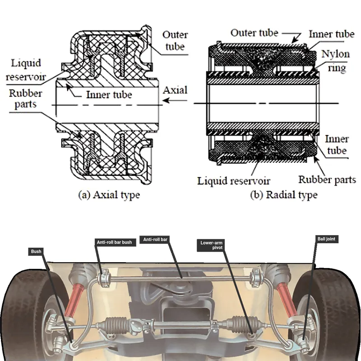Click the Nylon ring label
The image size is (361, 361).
point(335,61)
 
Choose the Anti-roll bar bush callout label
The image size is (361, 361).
point(114,242)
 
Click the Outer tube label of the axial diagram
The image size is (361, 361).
point(175,41)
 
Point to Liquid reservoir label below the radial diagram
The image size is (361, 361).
point(234,181)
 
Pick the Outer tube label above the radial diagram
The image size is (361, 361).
point(254,33)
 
